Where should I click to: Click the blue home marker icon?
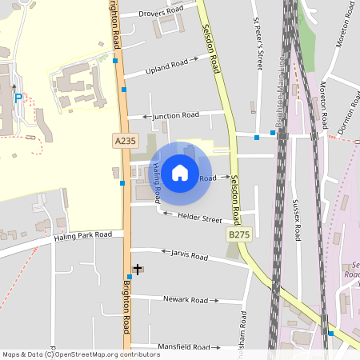pos(180,171)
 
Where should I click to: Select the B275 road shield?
pos(238,235)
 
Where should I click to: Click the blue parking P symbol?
pos(18,98)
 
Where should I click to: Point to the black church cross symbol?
pos(137,270)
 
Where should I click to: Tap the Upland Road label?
pos(166,66)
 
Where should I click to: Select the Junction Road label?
pos(174,115)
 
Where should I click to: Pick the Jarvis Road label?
pos(189,255)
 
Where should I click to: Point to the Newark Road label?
pos(186,300)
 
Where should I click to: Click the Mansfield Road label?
pos(185,347)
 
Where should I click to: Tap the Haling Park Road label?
pos(82,236)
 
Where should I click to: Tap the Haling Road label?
pos(157,182)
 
